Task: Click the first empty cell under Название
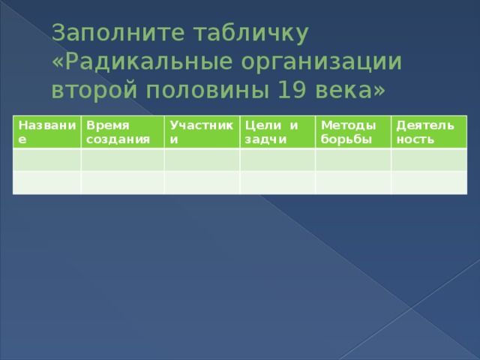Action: click(46, 160)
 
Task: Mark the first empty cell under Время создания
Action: click(123, 160)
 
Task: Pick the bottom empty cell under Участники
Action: click(202, 181)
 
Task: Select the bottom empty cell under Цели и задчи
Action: click(277, 181)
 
